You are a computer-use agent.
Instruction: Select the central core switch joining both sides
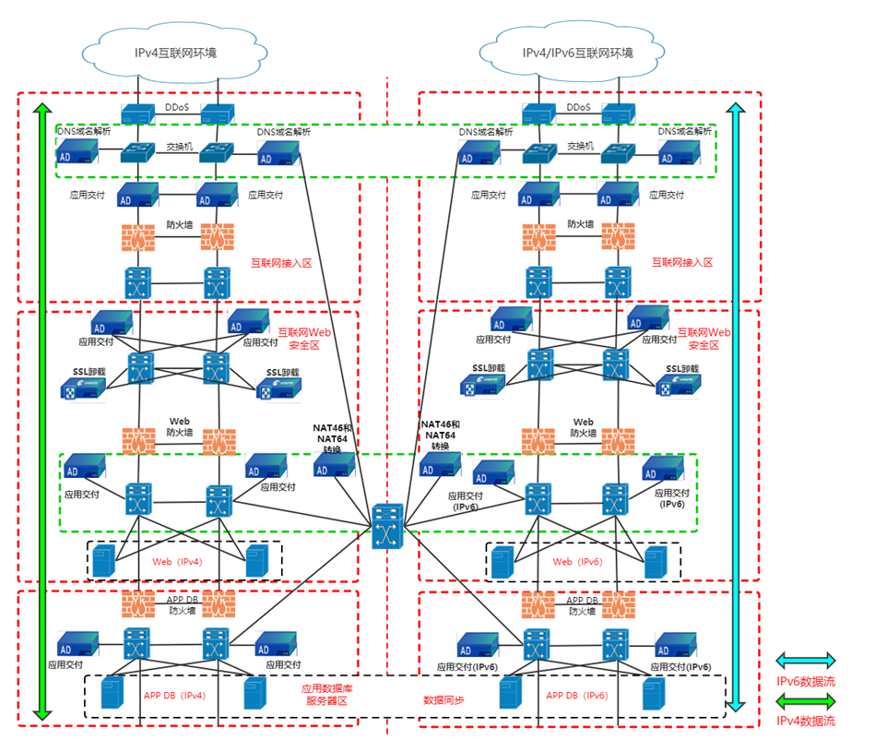(387, 528)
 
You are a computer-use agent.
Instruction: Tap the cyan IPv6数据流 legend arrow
(805, 661)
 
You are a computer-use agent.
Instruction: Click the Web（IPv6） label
(581, 561)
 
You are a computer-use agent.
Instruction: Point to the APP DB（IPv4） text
(174, 696)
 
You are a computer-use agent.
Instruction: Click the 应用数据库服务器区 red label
(325, 695)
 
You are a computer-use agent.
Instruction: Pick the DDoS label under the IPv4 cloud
(177, 108)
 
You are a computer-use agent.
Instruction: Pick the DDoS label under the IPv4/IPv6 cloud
(578, 108)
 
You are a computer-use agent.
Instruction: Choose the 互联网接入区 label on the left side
(282, 263)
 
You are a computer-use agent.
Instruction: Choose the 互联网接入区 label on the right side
(682, 263)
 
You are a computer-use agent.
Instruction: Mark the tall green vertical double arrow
(41, 411)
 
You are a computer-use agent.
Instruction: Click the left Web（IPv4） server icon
(102, 561)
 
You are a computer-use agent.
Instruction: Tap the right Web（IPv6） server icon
(656, 561)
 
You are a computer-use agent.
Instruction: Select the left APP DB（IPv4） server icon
(111, 693)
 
